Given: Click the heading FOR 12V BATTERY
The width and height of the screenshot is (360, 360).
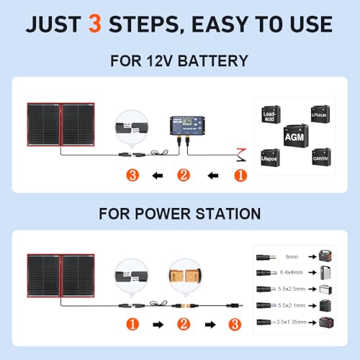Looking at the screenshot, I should [x=180, y=61].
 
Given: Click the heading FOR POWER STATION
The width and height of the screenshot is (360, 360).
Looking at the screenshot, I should [x=180, y=213].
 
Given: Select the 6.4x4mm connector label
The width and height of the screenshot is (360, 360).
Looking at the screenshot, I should [x=292, y=272].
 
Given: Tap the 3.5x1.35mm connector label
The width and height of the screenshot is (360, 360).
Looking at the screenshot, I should [x=292, y=323].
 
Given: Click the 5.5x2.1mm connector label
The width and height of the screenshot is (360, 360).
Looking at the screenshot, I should [x=292, y=306].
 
